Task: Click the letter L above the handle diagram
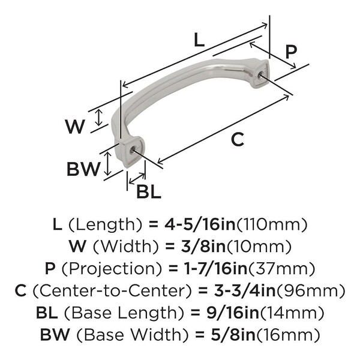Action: point(199,40)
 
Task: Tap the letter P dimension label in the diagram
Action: point(291,52)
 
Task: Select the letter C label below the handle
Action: point(238,139)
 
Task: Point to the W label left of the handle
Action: point(75,127)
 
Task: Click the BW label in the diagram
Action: point(83,169)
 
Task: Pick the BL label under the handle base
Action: point(149,191)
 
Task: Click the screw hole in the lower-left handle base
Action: point(132,151)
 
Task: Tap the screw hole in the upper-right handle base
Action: point(260,74)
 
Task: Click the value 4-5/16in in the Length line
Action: point(200,224)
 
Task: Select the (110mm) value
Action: point(272,224)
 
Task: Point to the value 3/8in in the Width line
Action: point(203,247)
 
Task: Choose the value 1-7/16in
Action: point(216,268)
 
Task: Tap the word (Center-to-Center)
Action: point(113,290)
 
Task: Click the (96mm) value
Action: point(311,290)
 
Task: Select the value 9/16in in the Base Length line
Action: point(233,313)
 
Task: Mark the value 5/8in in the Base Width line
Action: point(233,334)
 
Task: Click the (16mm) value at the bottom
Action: point(288,334)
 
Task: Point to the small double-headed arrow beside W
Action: point(99,118)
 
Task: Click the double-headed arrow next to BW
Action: point(107,163)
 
